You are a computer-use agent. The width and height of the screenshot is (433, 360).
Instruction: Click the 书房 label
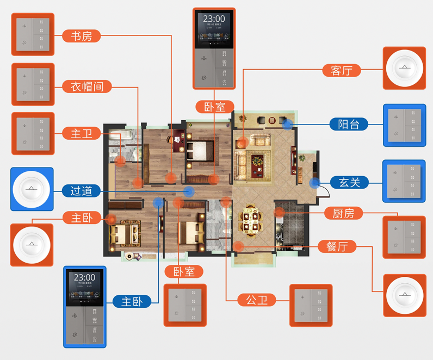pyautogui.click(x=82, y=36)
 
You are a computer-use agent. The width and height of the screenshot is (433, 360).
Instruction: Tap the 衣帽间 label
pyautogui.click(x=87, y=86)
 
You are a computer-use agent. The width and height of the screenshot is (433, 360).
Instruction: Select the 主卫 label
pyautogui.click(x=82, y=133)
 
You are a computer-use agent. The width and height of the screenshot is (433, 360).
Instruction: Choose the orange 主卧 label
pyautogui.click(x=82, y=218)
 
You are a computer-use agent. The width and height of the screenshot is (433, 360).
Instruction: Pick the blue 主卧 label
pyautogui.click(x=132, y=301)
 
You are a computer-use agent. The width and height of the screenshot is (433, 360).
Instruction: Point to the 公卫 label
pyautogui.click(x=257, y=299)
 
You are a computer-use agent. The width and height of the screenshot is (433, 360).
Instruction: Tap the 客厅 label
pyautogui.click(x=342, y=70)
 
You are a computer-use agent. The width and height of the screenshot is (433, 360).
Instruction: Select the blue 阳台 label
pyautogui.click(x=349, y=124)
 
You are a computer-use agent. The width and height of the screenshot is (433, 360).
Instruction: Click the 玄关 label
pyautogui.click(x=349, y=182)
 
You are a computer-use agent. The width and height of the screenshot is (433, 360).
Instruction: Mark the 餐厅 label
pyautogui.click(x=337, y=246)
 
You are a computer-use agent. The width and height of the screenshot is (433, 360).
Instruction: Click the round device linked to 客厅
pyautogui.click(x=404, y=68)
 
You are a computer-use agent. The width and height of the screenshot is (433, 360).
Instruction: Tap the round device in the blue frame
pyautogui.click(x=32, y=189)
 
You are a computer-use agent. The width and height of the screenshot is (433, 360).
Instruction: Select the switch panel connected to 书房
pyautogui.click(x=33, y=35)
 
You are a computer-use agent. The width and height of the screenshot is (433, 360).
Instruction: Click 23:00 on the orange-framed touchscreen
pyautogui.click(x=214, y=19)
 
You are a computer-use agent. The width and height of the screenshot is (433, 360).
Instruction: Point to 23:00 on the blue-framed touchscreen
pyautogui.click(x=84, y=277)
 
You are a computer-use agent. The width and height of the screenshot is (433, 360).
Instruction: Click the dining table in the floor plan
pyautogui.click(x=251, y=220)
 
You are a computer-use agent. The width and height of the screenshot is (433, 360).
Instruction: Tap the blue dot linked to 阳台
pyautogui.click(x=287, y=125)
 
